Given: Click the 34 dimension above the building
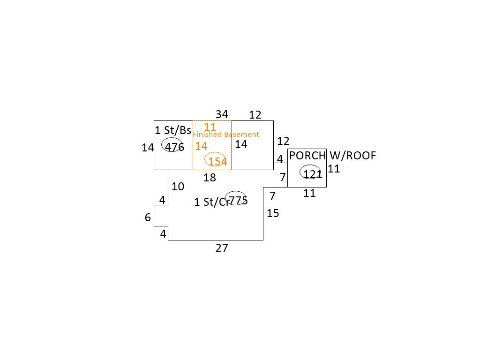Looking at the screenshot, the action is tap(222, 114).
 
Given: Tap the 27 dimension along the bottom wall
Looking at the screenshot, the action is tap(222, 247).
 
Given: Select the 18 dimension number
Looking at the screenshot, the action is tap(210, 177).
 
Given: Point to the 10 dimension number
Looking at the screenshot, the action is tap(178, 187).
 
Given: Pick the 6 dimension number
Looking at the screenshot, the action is tap(148, 217).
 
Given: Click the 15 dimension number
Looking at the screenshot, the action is tap(273, 213).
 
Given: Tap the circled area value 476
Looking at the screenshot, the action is tap(174, 147).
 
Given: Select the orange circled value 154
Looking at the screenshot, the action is tap(217, 161).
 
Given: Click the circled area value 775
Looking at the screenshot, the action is tap(238, 200).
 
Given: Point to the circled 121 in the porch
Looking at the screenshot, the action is tap(313, 174).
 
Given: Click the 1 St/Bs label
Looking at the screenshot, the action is tap(173, 130).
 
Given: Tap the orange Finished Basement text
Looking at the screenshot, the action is tap(225, 134).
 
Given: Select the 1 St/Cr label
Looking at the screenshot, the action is tap(212, 202).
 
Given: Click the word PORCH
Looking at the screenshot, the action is tap(307, 156).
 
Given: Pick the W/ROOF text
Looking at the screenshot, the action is tap(352, 156).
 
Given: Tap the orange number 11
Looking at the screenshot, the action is tap(210, 127).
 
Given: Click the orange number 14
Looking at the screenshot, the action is tap(201, 146).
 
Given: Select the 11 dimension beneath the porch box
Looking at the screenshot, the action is tap(309, 193).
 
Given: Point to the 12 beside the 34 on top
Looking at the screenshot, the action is tap(255, 115).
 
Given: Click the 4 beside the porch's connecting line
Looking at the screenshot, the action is tap(280, 159).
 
